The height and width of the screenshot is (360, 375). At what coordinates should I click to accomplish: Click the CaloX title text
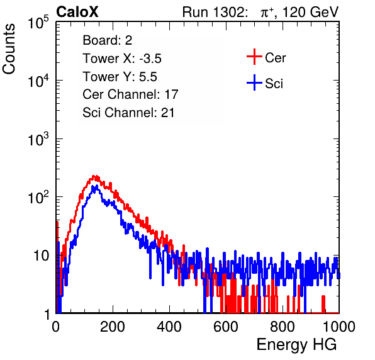point(77,12)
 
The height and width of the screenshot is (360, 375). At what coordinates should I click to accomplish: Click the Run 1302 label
point(215,12)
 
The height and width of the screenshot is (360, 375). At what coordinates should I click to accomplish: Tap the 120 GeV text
point(311,12)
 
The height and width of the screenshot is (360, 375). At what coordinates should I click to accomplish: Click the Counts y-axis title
point(9,49)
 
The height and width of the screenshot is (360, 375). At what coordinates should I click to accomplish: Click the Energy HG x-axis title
point(296,345)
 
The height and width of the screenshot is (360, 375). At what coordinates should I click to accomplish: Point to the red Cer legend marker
point(254,57)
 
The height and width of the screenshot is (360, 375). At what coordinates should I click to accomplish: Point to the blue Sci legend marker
point(254,82)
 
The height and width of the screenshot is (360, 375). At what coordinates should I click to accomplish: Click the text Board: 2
point(108,40)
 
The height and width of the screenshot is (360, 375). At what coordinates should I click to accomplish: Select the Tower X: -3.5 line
point(122,59)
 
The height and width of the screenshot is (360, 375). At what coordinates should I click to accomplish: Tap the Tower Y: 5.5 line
point(120,77)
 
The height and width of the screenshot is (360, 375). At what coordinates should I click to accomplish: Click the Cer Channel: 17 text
point(131,94)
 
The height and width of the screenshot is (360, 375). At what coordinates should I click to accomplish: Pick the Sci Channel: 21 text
point(128,113)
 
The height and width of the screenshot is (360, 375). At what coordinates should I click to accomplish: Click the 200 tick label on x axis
point(113,327)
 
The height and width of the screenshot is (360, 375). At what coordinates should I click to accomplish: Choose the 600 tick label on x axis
point(226,327)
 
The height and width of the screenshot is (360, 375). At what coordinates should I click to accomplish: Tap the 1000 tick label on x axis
point(339,327)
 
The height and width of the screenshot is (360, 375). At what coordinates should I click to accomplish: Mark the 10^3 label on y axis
point(38,139)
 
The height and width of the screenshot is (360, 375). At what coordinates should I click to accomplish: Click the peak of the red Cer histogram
point(94,176)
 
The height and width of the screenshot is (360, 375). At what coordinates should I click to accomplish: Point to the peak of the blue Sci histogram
point(96,186)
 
